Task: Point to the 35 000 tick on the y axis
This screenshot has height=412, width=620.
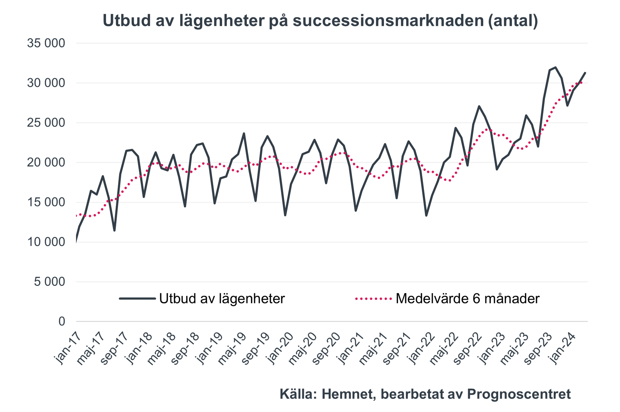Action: [46, 43]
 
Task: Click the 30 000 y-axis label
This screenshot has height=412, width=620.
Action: [46, 83]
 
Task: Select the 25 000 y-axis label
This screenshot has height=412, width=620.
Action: [46, 123]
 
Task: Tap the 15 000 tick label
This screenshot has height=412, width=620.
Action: [46, 202]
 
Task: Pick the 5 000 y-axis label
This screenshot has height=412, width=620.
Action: [50, 282]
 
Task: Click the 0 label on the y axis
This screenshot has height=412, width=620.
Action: [62, 321]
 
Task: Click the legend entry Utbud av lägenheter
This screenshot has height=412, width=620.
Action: [222, 299]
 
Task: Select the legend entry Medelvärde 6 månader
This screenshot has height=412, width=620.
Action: [467, 299]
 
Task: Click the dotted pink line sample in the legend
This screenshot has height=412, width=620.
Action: [374, 299]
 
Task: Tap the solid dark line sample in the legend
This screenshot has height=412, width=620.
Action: [137, 299]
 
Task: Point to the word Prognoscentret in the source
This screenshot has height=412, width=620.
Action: [519, 394]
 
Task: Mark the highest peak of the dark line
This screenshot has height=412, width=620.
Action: [556, 67]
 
